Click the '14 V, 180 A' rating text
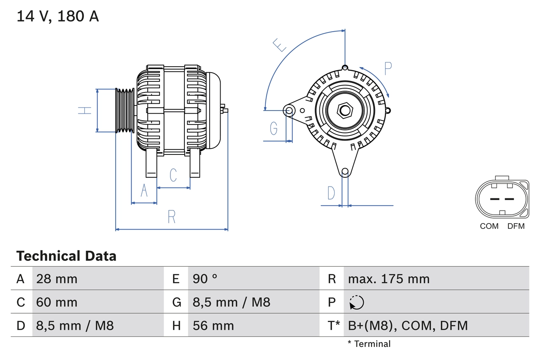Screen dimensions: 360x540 58,16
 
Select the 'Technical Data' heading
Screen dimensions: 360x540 66,256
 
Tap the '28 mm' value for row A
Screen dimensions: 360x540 57,279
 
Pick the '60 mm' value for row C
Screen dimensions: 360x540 57,302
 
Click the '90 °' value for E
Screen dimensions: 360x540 205,279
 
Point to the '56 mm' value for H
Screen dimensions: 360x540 213,325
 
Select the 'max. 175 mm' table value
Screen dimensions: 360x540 389,279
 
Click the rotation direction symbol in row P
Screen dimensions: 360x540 356,302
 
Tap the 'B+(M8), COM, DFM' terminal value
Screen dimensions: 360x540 408,325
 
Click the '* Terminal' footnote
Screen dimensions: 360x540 369,344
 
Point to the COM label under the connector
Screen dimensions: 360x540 489,226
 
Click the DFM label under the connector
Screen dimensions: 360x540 516,226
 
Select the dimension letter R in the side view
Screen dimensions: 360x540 171,217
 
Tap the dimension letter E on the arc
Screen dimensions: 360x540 280,44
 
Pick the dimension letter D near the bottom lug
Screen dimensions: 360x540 331,193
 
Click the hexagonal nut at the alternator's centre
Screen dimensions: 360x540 345,111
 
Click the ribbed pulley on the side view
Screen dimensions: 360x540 125,111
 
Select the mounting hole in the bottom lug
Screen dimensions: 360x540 345,171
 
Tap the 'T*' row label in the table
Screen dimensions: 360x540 334,325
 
